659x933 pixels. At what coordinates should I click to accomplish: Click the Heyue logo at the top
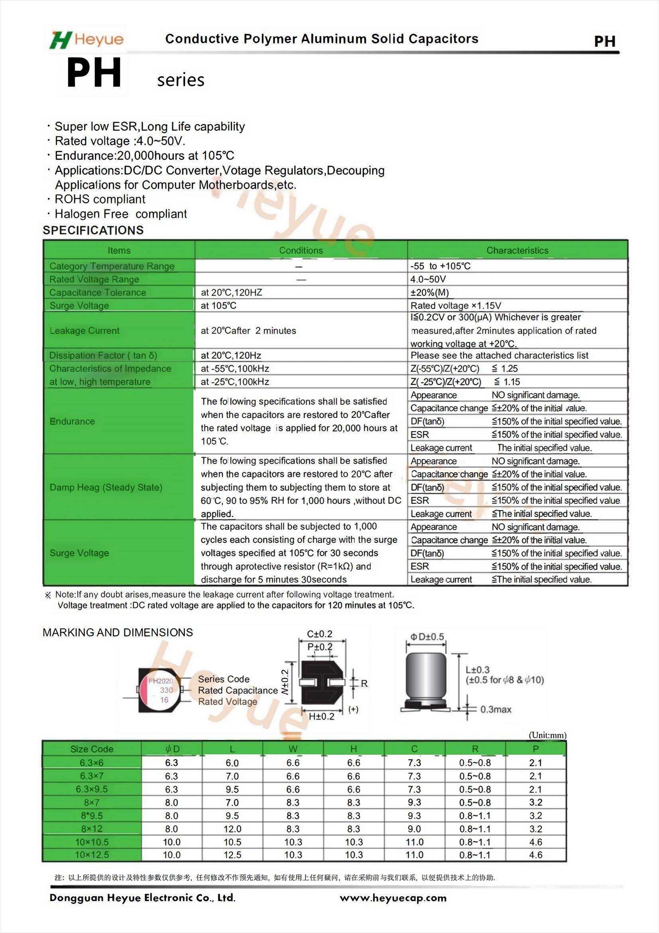pyautogui.click(x=87, y=39)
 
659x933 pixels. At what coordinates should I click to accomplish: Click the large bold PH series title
pyautogui.click(x=94, y=73)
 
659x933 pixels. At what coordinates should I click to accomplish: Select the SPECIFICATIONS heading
pyautogui.click(x=93, y=231)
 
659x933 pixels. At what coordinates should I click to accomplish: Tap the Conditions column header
pyautogui.click(x=301, y=251)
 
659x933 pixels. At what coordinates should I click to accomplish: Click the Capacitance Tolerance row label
pyautogui.click(x=97, y=292)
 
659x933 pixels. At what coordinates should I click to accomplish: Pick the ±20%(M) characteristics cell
pyautogui.click(x=430, y=292)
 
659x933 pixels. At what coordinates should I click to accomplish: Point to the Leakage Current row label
pyautogui.click(x=85, y=331)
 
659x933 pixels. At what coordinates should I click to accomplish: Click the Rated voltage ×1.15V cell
pyautogui.click(x=456, y=306)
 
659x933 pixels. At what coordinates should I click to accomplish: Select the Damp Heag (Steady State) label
pyautogui.click(x=106, y=487)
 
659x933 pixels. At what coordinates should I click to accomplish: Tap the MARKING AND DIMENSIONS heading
pyautogui.click(x=118, y=632)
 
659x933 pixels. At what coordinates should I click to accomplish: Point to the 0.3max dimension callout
pyautogui.click(x=496, y=710)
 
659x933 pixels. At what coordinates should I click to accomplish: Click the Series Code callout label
pyautogui.click(x=224, y=679)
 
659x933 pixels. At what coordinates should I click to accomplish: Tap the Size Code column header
pyautogui.click(x=92, y=749)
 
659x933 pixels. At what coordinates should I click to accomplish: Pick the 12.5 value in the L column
pyautogui.click(x=232, y=855)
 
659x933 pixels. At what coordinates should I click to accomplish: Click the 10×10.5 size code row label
pyautogui.click(x=92, y=842)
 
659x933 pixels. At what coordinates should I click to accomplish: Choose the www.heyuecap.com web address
pyautogui.click(x=393, y=898)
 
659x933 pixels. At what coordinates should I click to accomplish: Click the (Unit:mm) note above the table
pyautogui.click(x=547, y=735)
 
